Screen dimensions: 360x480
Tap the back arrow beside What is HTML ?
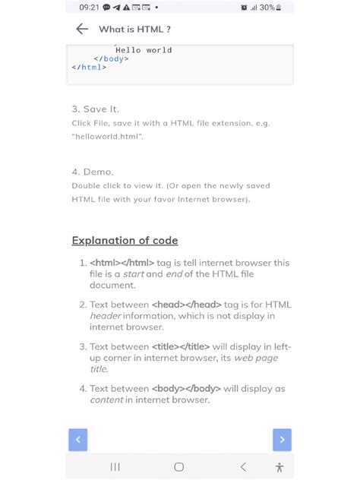point(82,29)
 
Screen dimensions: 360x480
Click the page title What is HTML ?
point(134,29)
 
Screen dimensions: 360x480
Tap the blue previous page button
point(77,439)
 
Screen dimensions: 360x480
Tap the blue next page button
point(282,439)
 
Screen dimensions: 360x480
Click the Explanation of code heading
point(125,241)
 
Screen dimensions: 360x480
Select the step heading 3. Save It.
point(96,109)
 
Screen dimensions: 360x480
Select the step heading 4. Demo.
point(93,172)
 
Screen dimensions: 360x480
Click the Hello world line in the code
point(143,50)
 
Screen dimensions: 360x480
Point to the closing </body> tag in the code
point(111,58)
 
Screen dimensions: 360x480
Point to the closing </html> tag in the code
point(89,67)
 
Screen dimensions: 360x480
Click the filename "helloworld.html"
point(108,136)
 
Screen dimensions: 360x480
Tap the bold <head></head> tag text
point(185,305)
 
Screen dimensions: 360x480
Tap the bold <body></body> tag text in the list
point(186,388)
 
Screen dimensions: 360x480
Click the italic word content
point(106,399)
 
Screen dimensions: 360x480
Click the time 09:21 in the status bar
point(89,8)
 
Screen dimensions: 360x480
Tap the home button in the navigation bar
point(179,467)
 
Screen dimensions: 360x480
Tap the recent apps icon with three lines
point(115,467)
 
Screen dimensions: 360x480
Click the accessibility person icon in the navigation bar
point(279,467)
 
